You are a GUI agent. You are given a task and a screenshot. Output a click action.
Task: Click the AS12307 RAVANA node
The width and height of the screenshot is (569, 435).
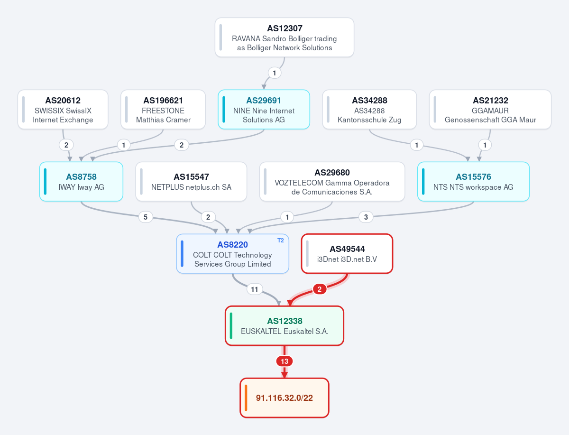click(284, 37)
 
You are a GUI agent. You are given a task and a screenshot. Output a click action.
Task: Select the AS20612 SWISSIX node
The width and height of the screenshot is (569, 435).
click(63, 110)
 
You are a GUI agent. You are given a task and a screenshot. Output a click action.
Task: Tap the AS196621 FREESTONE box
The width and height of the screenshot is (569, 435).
click(163, 110)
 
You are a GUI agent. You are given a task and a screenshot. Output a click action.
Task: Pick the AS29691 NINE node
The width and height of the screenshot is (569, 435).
click(264, 110)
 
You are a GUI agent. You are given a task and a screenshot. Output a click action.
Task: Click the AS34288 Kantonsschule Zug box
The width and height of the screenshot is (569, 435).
click(369, 110)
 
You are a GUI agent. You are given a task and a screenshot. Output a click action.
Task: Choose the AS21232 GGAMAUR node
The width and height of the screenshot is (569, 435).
click(490, 110)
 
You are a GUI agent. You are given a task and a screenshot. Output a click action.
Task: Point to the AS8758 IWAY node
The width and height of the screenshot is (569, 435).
click(81, 182)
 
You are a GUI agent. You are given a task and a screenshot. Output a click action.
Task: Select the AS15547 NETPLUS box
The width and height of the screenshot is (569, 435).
click(191, 182)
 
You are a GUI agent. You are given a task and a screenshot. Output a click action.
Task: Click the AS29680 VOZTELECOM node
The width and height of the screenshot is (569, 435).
click(332, 182)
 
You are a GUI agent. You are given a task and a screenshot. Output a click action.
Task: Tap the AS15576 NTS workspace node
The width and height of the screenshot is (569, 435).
click(473, 182)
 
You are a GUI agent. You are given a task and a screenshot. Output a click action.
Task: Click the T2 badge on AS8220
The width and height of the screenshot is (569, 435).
click(281, 241)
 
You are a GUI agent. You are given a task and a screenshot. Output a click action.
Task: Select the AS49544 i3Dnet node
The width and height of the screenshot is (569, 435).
click(347, 253)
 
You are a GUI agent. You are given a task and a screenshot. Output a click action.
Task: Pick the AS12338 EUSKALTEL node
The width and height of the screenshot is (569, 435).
click(284, 325)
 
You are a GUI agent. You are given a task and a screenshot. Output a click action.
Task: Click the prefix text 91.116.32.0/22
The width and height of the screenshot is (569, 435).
click(284, 398)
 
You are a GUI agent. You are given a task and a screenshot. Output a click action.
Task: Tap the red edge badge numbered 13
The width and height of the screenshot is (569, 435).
click(284, 361)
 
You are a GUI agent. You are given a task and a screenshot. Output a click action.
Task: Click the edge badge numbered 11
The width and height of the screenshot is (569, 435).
click(254, 289)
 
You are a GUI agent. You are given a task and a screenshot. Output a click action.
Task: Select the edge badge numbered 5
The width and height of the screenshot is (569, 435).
click(146, 217)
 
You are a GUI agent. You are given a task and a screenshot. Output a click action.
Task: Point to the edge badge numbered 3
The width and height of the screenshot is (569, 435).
click(366, 217)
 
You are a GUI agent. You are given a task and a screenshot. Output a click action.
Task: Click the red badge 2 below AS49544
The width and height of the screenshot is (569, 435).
click(320, 289)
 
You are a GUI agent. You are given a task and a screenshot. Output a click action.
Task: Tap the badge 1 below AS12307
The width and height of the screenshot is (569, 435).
click(274, 73)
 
